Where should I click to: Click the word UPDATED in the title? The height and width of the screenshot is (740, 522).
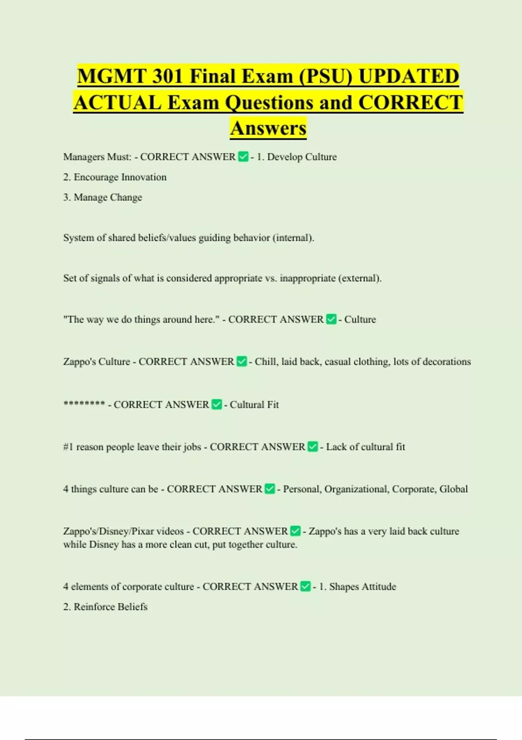click(408, 76)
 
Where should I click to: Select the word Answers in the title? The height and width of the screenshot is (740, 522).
click(268, 128)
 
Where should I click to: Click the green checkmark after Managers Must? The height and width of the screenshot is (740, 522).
click(243, 157)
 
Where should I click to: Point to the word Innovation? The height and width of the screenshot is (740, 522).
click(144, 177)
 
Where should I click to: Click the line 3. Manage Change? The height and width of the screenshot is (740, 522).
click(103, 197)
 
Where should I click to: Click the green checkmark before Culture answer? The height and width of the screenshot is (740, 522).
click(331, 320)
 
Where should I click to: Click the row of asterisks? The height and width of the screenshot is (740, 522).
click(84, 404)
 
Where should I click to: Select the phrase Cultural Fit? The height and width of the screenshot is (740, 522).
click(254, 405)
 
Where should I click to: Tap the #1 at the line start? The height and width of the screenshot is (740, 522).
click(68, 447)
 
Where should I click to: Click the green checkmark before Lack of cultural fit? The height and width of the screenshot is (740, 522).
click(313, 447)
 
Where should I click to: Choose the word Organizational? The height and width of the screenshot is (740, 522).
click(356, 489)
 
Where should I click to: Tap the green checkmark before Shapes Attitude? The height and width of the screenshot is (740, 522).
click(306, 587)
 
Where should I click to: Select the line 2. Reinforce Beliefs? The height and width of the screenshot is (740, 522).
click(105, 607)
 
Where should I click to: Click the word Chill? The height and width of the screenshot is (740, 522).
click(265, 362)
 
